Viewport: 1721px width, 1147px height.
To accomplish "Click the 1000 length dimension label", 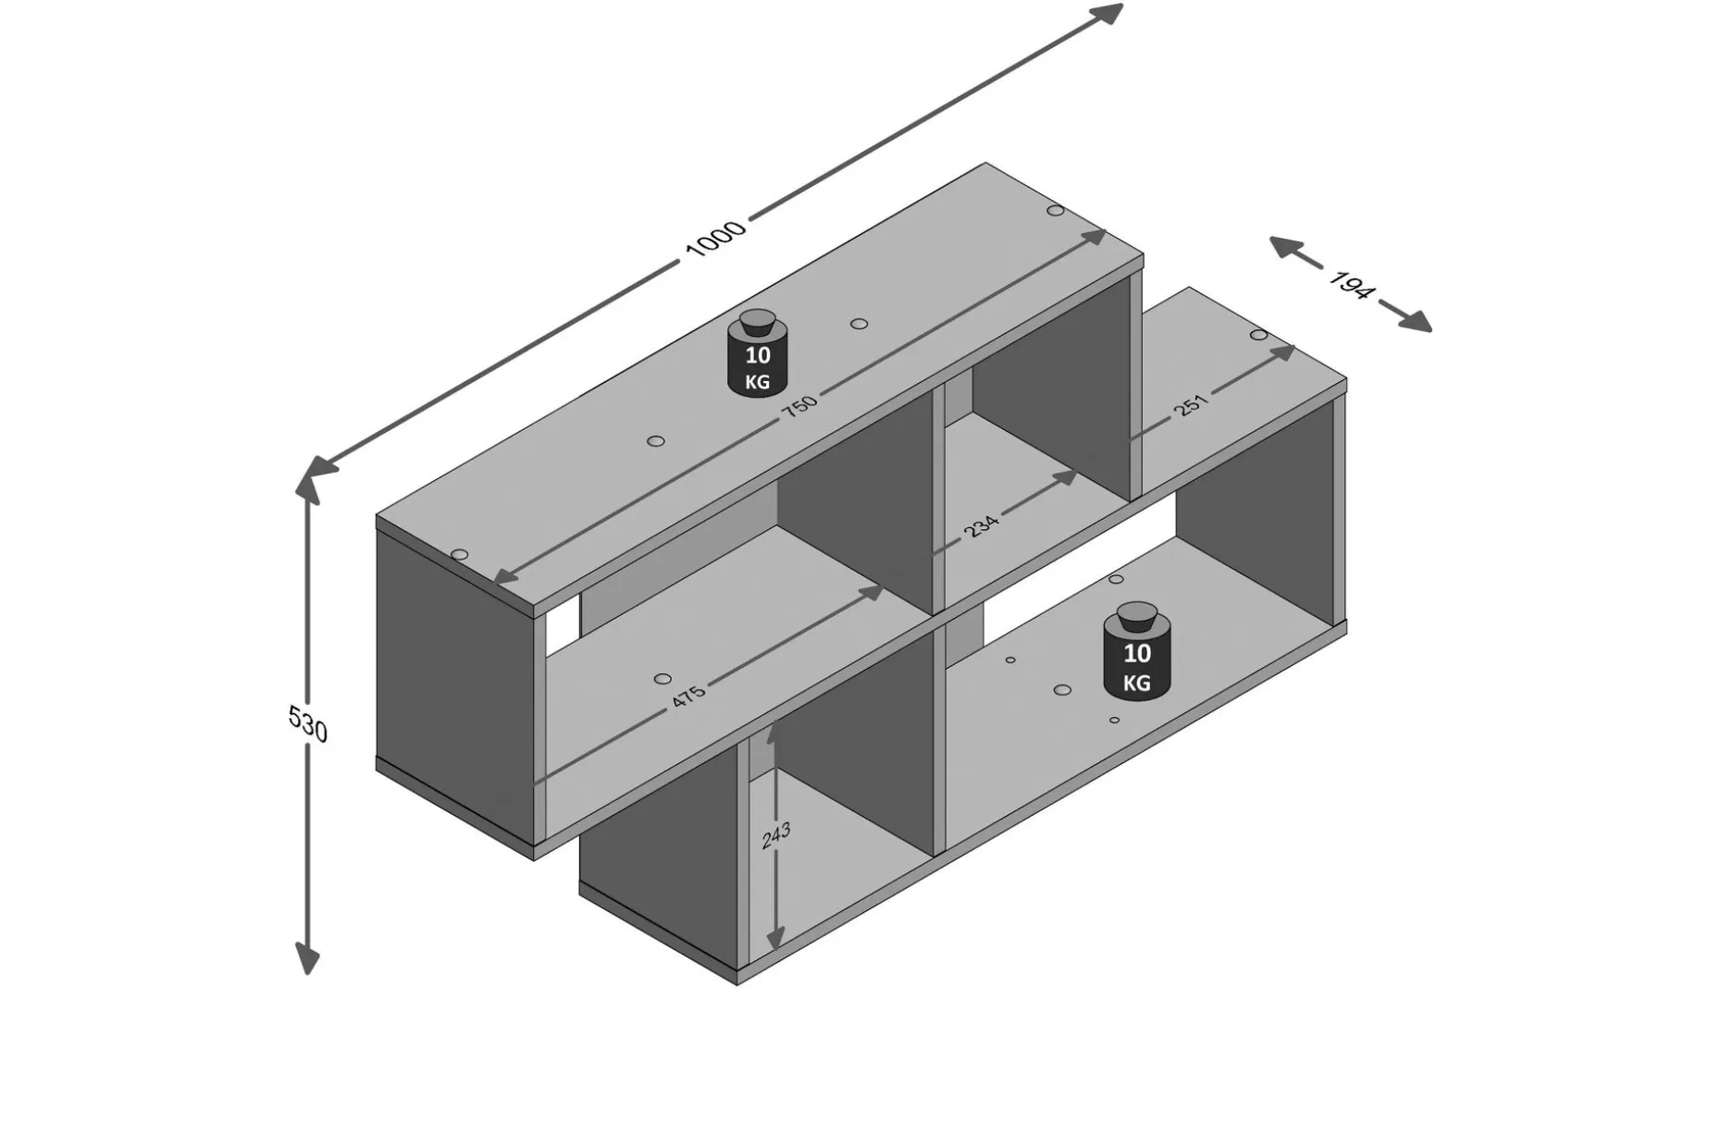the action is tap(714, 240).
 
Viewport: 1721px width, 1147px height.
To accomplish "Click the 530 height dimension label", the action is tap(307, 723).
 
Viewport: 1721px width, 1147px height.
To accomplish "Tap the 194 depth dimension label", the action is tap(1350, 284).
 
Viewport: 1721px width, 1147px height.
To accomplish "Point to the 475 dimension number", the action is tap(687, 695).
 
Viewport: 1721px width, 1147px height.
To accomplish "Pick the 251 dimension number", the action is tap(1192, 404).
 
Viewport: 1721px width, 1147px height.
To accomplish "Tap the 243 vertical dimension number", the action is tap(776, 835).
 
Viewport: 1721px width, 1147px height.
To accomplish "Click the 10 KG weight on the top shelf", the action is tap(758, 353).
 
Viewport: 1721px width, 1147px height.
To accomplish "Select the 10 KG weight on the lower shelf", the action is tap(1137, 651).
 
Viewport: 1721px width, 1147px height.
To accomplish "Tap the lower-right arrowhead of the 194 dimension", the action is tap(1416, 320).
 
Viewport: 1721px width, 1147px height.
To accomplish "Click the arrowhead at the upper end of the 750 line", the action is tap(1094, 237).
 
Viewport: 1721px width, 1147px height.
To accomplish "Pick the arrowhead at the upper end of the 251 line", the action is tap(1282, 352).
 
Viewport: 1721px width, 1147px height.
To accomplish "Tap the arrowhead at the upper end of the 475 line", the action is tap(872, 592).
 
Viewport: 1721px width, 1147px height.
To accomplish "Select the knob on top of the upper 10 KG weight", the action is tap(758, 321).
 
